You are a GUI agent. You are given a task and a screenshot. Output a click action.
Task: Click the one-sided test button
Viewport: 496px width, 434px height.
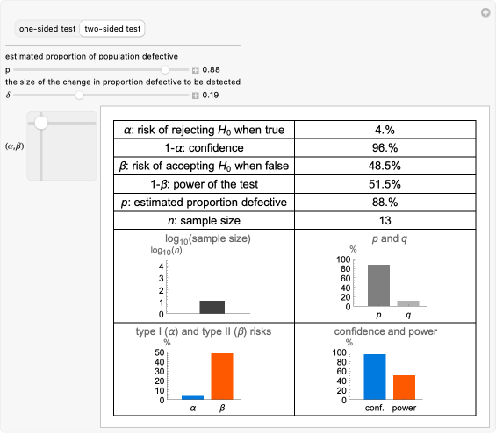[47, 28]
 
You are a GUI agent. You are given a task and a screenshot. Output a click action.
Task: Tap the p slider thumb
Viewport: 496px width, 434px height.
[165, 69]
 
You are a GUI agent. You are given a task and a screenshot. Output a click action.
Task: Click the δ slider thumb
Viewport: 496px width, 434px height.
[79, 95]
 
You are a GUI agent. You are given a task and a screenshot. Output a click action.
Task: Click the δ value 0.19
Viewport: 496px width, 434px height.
[211, 96]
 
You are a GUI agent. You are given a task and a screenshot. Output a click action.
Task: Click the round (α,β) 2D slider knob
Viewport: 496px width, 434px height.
[40, 124]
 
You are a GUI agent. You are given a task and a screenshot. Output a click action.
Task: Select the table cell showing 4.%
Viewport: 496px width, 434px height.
[385, 130]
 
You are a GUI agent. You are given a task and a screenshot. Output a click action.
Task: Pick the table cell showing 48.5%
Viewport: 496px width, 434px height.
[385, 166]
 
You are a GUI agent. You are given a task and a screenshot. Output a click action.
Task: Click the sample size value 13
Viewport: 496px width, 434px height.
[385, 221]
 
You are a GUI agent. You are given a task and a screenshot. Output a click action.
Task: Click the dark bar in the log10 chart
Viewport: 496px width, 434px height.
[212, 307]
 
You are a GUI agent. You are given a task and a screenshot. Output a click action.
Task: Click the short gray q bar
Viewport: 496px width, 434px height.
[402, 302]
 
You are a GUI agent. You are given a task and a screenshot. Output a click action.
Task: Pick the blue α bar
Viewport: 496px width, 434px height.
[192, 397]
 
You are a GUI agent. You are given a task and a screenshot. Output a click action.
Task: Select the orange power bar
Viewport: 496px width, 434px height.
[404, 387]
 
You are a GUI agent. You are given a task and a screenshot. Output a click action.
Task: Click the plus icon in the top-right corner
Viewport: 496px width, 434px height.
[485, 12]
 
